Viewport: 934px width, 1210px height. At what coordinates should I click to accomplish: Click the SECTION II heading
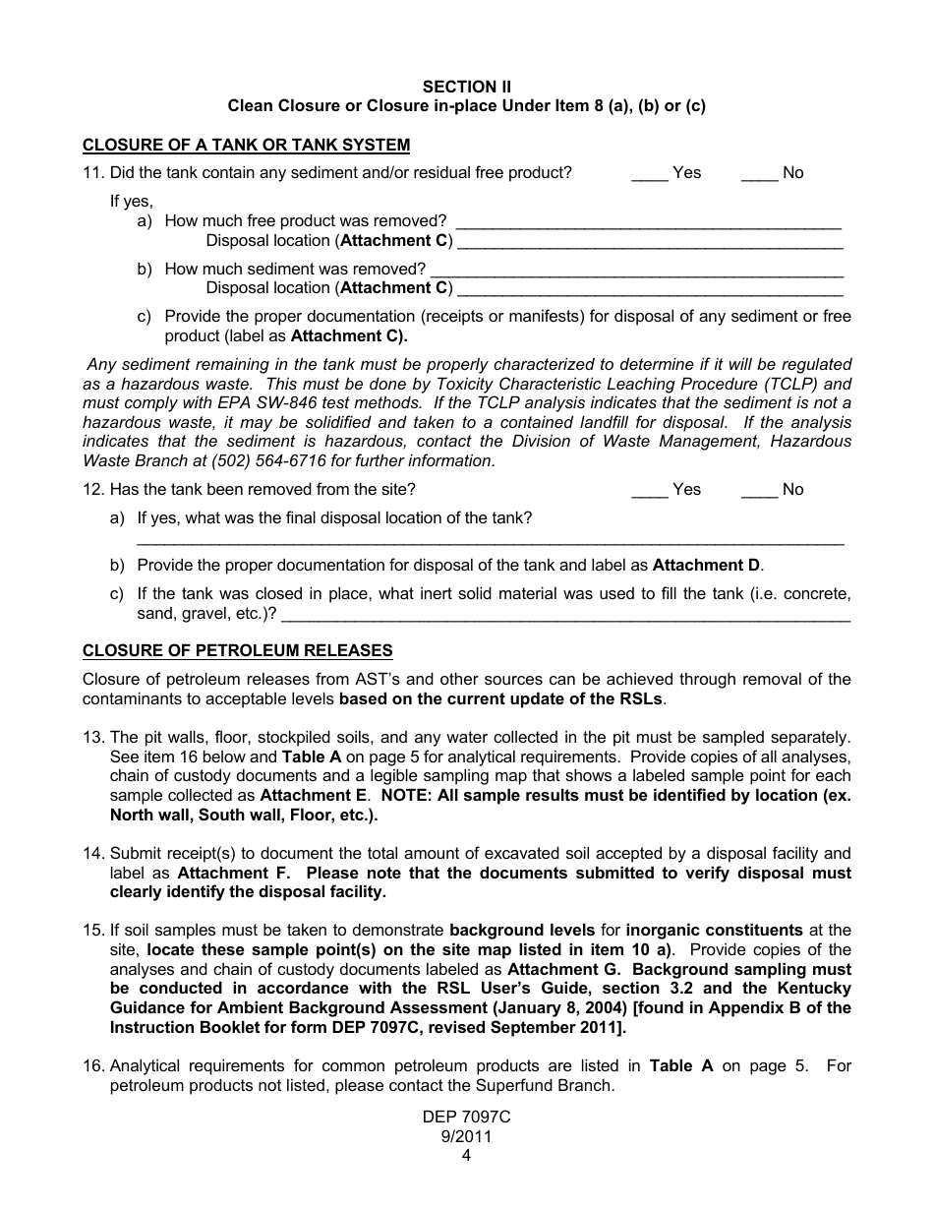[x=467, y=87]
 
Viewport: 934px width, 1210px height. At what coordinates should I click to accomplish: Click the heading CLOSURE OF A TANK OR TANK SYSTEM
[x=246, y=146]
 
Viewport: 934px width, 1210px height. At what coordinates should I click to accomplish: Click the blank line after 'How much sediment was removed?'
[x=637, y=271]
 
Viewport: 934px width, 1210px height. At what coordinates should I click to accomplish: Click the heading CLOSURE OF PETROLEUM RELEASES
[x=237, y=651]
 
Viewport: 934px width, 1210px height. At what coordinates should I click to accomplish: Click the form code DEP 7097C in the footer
[x=467, y=1119]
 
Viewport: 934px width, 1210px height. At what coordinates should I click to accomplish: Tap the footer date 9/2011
[x=467, y=1137]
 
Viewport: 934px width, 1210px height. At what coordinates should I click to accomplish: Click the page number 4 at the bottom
[x=467, y=1156]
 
